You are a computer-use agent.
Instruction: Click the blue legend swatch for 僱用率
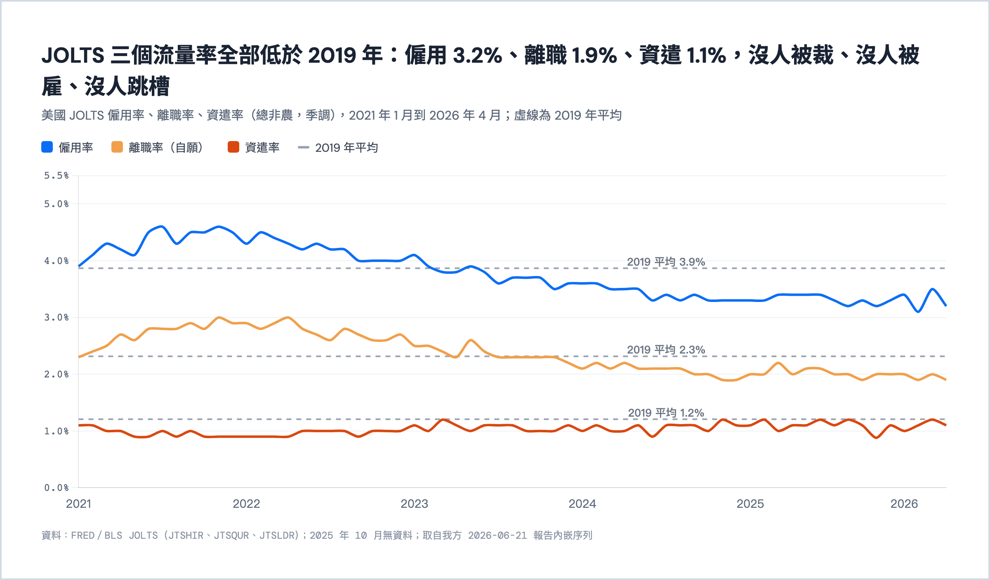coord(47,147)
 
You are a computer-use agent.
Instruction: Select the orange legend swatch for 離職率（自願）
coord(117,147)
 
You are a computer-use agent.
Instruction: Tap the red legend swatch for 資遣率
coord(233,147)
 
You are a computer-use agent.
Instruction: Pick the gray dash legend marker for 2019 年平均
coord(304,147)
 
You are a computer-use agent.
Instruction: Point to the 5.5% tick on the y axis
coord(57,176)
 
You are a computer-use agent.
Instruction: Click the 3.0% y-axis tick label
coord(57,318)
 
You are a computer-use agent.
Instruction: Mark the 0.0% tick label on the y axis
coord(57,488)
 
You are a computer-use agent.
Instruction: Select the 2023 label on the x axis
coord(415,504)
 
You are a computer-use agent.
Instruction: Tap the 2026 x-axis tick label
coord(904,504)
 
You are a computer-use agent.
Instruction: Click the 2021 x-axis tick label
coord(78,504)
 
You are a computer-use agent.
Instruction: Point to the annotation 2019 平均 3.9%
coord(666,262)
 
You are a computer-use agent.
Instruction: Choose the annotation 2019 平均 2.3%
coord(666,350)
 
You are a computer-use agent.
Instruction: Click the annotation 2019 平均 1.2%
coord(666,413)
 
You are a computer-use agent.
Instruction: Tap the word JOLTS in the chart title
coord(73,55)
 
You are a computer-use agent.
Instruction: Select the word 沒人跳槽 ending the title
coord(127,87)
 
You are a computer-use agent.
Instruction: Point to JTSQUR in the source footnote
coord(231,535)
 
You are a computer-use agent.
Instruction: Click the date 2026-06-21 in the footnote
coord(497,535)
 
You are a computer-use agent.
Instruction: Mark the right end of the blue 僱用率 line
coord(946,306)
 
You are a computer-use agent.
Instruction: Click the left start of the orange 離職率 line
coord(79,357)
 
